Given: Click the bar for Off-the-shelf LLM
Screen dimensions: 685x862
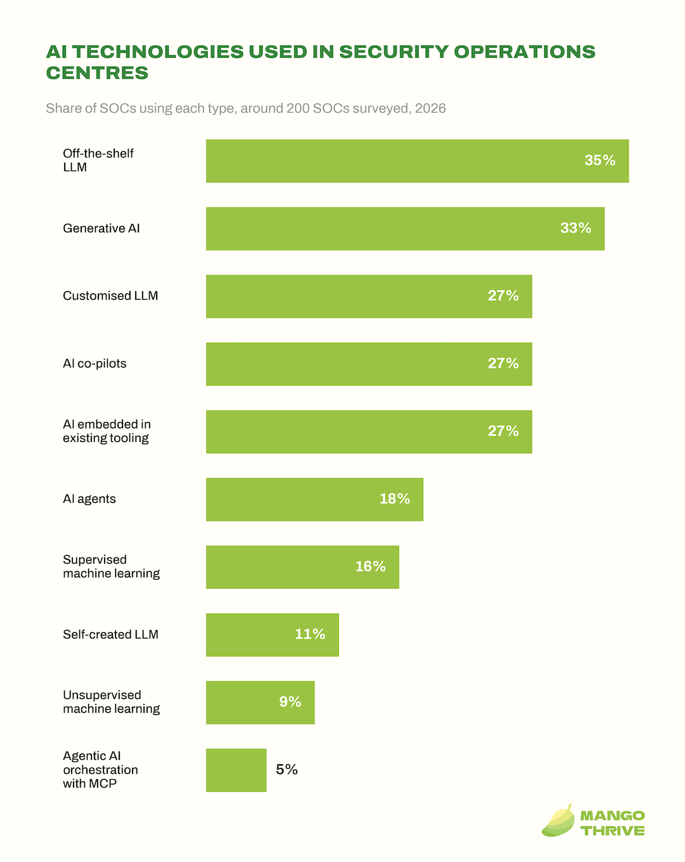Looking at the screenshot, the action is (417, 161).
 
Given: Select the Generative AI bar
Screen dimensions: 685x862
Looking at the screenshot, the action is (405, 229).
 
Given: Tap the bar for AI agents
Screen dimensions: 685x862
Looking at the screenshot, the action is (315, 500).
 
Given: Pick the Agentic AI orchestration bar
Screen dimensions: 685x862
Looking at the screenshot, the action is (236, 770).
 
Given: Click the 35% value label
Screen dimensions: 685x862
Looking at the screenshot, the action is (600, 160).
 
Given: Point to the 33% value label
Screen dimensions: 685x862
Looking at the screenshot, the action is (576, 228).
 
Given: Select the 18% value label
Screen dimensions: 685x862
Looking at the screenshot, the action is (395, 499).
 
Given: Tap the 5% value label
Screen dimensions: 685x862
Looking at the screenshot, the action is (287, 769).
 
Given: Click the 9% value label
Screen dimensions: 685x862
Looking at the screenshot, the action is (290, 702).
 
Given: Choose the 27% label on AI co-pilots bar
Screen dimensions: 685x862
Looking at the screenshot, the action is (503, 363).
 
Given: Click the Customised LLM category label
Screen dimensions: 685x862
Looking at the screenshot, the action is (110, 296).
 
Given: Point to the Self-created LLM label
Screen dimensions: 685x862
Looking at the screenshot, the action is (110, 635).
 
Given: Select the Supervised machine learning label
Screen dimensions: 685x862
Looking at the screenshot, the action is (111, 566).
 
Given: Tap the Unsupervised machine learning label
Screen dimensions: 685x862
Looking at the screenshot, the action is (111, 702).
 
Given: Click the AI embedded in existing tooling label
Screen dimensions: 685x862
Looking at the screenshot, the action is (107, 431).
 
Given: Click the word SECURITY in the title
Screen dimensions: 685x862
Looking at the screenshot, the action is (394, 51).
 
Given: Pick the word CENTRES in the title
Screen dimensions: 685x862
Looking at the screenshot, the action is (97, 73).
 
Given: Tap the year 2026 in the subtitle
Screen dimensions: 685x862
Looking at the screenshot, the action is (431, 108).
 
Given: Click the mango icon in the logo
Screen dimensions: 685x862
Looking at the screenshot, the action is (559, 821).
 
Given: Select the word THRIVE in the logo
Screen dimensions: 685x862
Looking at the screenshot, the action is (613, 831).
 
